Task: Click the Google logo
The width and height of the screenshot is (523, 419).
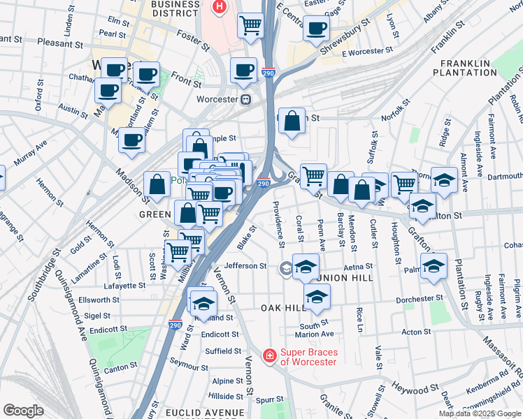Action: [x=23, y=410]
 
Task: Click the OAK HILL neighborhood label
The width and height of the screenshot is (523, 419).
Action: [x=284, y=308]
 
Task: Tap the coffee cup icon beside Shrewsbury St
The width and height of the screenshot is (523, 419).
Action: [x=316, y=28]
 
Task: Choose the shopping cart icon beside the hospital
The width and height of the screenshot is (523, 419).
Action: [x=251, y=24]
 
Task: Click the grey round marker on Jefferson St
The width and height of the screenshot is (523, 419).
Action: [x=286, y=267]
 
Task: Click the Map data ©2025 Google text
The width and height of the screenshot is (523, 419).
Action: [x=480, y=413]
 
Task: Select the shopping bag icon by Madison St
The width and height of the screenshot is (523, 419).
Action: [x=157, y=184]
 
